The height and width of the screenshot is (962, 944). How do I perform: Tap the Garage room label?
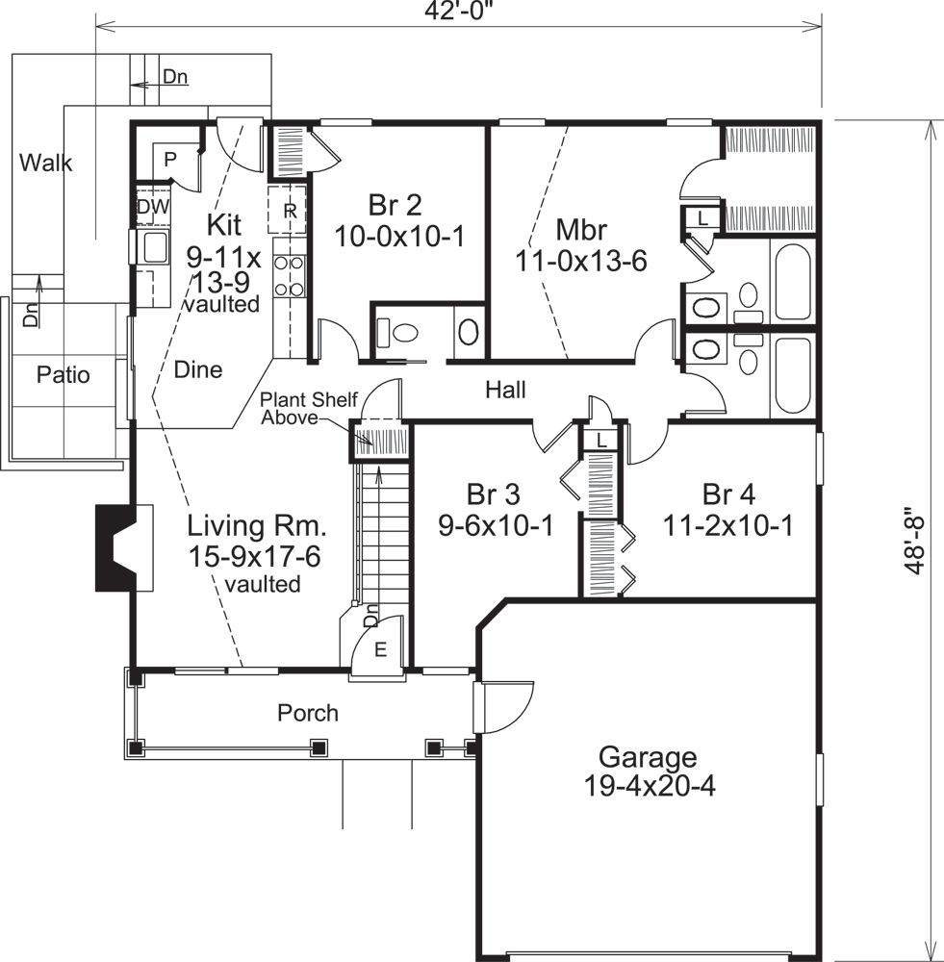tap(647, 771)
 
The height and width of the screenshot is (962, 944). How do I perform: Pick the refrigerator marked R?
tap(288, 211)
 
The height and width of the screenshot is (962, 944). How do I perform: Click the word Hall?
tap(505, 390)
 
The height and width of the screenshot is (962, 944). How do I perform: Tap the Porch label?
tap(308, 713)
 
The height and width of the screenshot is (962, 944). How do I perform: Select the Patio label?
tap(63, 374)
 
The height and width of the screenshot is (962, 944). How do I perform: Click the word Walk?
tap(45, 163)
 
